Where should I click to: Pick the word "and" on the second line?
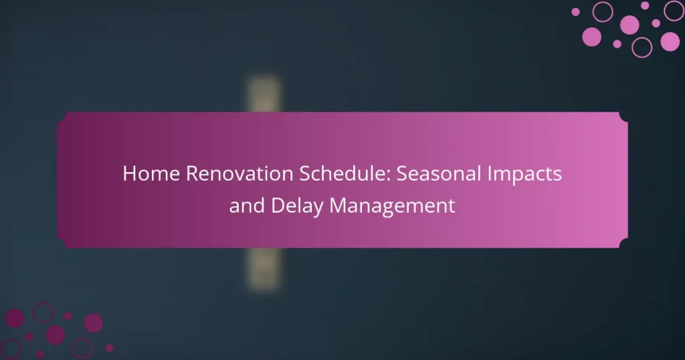pyautogui.click(x=247, y=205)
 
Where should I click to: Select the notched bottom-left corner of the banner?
pyautogui.click(x=61, y=244)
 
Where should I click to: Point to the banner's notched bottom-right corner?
pyautogui.click(x=624, y=244)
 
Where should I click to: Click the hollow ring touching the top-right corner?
pyautogui.click(x=674, y=10)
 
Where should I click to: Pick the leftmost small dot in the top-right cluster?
pyautogui.click(x=575, y=11)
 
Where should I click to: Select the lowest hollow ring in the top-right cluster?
pyautogui.click(x=642, y=47)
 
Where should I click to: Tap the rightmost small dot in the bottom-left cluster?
pyautogui.click(x=109, y=348)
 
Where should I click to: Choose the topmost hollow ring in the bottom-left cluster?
pyautogui.click(x=43, y=311)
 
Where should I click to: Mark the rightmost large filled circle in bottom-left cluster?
pyautogui.click(x=93, y=323)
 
